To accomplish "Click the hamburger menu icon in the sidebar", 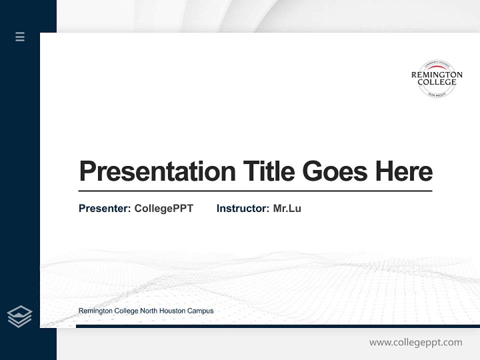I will click(x=20, y=36).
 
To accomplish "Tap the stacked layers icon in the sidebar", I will click(x=20, y=316).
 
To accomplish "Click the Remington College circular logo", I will click(x=436, y=78).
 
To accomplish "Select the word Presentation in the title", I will click(x=157, y=171).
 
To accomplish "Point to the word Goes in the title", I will click(x=335, y=171).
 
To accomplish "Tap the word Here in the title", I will click(x=403, y=171).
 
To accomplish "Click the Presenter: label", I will click(x=104, y=208).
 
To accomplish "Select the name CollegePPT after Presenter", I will click(x=163, y=208).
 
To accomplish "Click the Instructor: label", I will click(x=242, y=208).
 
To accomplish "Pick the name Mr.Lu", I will click(x=287, y=208).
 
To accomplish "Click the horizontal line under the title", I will click(x=255, y=191).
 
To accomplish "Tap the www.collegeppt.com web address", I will click(x=415, y=342).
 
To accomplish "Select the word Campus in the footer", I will click(x=200, y=311).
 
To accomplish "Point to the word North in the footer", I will click(x=148, y=311).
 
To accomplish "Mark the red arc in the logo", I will click(x=436, y=66).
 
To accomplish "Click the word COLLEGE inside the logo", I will click(x=436, y=82).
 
